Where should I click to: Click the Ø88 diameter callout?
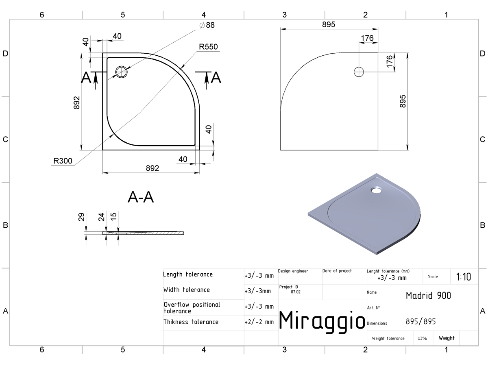207,25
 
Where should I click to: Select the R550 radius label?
208,47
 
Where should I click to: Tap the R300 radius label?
63,161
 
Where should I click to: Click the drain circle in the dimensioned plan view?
121,72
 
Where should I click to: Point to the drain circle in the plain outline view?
359,72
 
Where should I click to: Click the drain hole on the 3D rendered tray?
376,190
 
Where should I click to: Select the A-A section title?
141,197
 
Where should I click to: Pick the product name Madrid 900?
428,296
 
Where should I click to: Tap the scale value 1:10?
464,277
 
